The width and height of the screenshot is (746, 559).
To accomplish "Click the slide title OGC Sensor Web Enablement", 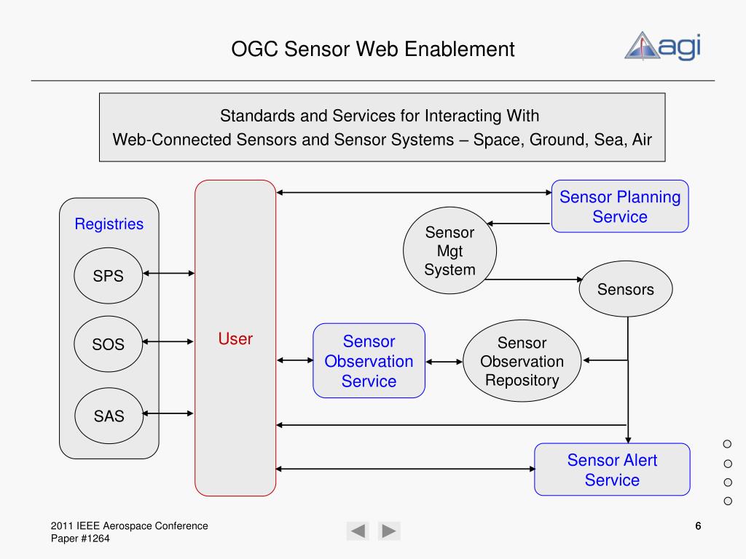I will (x=373, y=49).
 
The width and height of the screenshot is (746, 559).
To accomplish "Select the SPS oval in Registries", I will (x=109, y=276).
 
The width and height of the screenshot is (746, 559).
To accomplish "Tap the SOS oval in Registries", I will (x=109, y=344).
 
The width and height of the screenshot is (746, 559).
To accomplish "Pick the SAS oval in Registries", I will (x=109, y=416).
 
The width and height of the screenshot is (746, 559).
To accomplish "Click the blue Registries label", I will (x=109, y=224).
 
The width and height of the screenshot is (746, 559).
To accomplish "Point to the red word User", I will (x=235, y=338).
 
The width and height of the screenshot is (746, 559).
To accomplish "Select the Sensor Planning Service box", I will (x=619, y=207).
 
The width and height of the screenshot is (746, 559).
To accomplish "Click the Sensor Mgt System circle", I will (x=449, y=251).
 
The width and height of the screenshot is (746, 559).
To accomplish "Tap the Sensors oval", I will (x=625, y=290).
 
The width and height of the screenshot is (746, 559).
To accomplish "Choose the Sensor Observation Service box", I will (x=369, y=361).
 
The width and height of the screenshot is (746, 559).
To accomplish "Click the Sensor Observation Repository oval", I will (x=522, y=362).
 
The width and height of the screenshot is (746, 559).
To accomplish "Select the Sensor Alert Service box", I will (x=612, y=470).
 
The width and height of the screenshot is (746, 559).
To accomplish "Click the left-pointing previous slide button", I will (x=358, y=531).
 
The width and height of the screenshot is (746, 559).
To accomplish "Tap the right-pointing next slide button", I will (x=389, y=531).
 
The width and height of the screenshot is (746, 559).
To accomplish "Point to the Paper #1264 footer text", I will (x=80, y=538).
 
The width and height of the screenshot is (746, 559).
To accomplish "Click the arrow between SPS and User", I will (x=170, y=274).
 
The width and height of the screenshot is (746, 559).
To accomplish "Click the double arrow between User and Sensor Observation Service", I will (x=294, y=360).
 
